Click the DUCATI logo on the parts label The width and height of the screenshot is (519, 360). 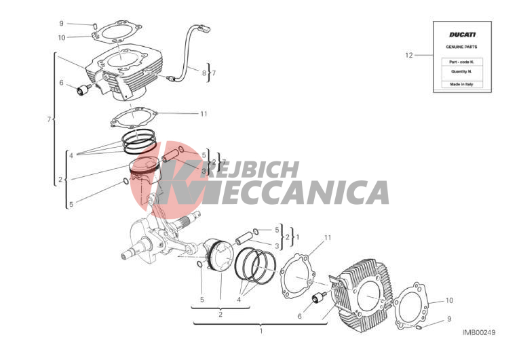[462, 35]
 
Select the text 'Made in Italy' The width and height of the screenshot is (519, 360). [461, 84]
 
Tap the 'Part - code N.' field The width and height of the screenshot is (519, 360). [462, 62]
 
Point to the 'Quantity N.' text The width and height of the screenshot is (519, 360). [461, 71]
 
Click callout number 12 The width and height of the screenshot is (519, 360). [409, 56]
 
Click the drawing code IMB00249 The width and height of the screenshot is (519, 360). [479, 332]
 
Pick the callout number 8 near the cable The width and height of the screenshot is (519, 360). [204, 73]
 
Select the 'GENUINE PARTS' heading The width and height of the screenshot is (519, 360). [461, 47]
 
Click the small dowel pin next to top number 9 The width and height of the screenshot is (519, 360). [94, 25]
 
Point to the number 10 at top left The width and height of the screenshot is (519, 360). [62, 38]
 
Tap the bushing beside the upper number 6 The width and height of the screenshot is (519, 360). [83, 89]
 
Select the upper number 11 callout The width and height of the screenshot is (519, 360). [204, 114]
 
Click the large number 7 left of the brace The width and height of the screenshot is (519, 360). [49, 119]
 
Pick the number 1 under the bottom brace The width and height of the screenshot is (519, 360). [261, 331]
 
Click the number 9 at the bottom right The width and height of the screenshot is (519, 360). [449, 319]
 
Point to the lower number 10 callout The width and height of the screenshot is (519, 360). [449, 300]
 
